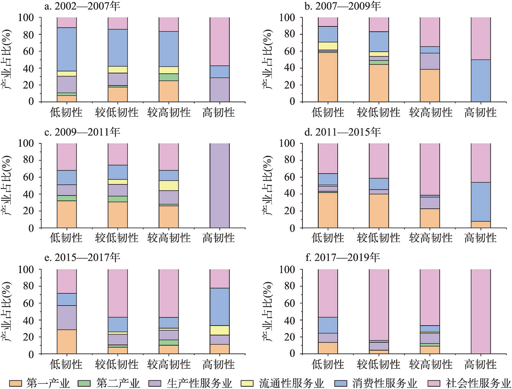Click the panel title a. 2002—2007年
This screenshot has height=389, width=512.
pos(82,6)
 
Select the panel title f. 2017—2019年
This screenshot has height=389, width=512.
pos(347,257)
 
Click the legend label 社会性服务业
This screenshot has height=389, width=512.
pos(478,383)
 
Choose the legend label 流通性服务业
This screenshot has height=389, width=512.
pos(291,383)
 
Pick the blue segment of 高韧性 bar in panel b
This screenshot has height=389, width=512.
pos(480,80)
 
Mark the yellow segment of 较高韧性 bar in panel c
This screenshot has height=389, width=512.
pos(169,185)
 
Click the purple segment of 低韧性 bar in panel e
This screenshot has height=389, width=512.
pos(67,317)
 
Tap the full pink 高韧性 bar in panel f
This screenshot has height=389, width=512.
pos(480,311)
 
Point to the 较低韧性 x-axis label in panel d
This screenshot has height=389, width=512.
pos(378,238)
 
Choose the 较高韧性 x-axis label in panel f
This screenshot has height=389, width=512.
pos(430,364)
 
